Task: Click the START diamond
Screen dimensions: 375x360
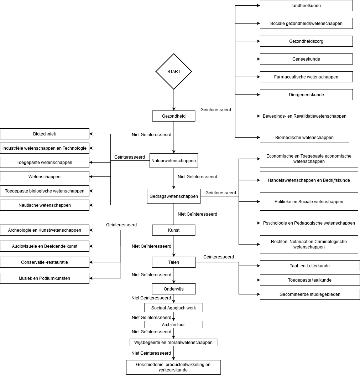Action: click(x=174, y=72)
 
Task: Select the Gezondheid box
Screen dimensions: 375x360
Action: click(x=174, y=116)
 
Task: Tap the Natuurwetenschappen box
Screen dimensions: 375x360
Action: click(x=174, y=161)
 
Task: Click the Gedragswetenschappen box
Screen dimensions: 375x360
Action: click(x=174, y=196)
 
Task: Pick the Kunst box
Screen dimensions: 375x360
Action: click(x=174, y=230)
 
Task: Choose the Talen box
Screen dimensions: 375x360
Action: click(x=174, y=262)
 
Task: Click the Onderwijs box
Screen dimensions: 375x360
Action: click(x=174, y=289)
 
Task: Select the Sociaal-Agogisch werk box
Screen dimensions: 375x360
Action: click(x=174, y=307)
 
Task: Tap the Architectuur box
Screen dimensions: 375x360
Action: click(x=173, y=325)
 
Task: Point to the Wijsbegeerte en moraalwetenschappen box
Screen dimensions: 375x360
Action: click(x=173, y=343)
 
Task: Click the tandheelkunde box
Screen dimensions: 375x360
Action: click(x=306, y=6)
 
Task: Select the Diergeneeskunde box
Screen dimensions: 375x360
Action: click(x=306, y=95)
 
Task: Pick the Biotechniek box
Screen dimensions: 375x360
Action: click(x=45, y=134)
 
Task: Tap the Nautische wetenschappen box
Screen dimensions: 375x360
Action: click(x=45, y=205)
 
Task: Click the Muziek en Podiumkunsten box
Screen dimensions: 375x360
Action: click(x=45, y=278)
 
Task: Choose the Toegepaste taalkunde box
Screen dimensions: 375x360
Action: click(x=310, y=280)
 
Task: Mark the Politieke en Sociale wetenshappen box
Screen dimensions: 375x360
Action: click(x=309, y=202)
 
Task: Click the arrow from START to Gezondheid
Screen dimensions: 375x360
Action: click(x=174, y=100)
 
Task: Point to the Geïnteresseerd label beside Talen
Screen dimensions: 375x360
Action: click(x=219, y=257)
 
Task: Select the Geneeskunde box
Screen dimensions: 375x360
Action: click(x=306, y=59)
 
